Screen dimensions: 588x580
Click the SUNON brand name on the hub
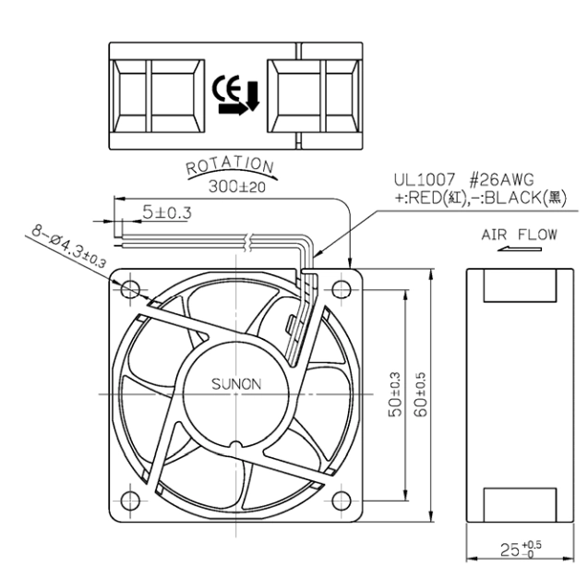pos(236,384)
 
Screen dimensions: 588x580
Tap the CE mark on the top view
pos(226,88)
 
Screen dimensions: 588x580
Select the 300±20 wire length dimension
pos(237,187)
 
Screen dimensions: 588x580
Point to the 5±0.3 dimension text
pos(167,212)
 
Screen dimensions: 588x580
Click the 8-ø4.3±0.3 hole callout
pos(68,247)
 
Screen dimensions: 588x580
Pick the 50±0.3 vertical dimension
pos(396,394)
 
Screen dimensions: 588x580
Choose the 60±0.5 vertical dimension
pos(420,394)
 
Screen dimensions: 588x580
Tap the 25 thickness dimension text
pos(521,550)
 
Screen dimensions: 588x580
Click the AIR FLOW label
pos(519,235)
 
